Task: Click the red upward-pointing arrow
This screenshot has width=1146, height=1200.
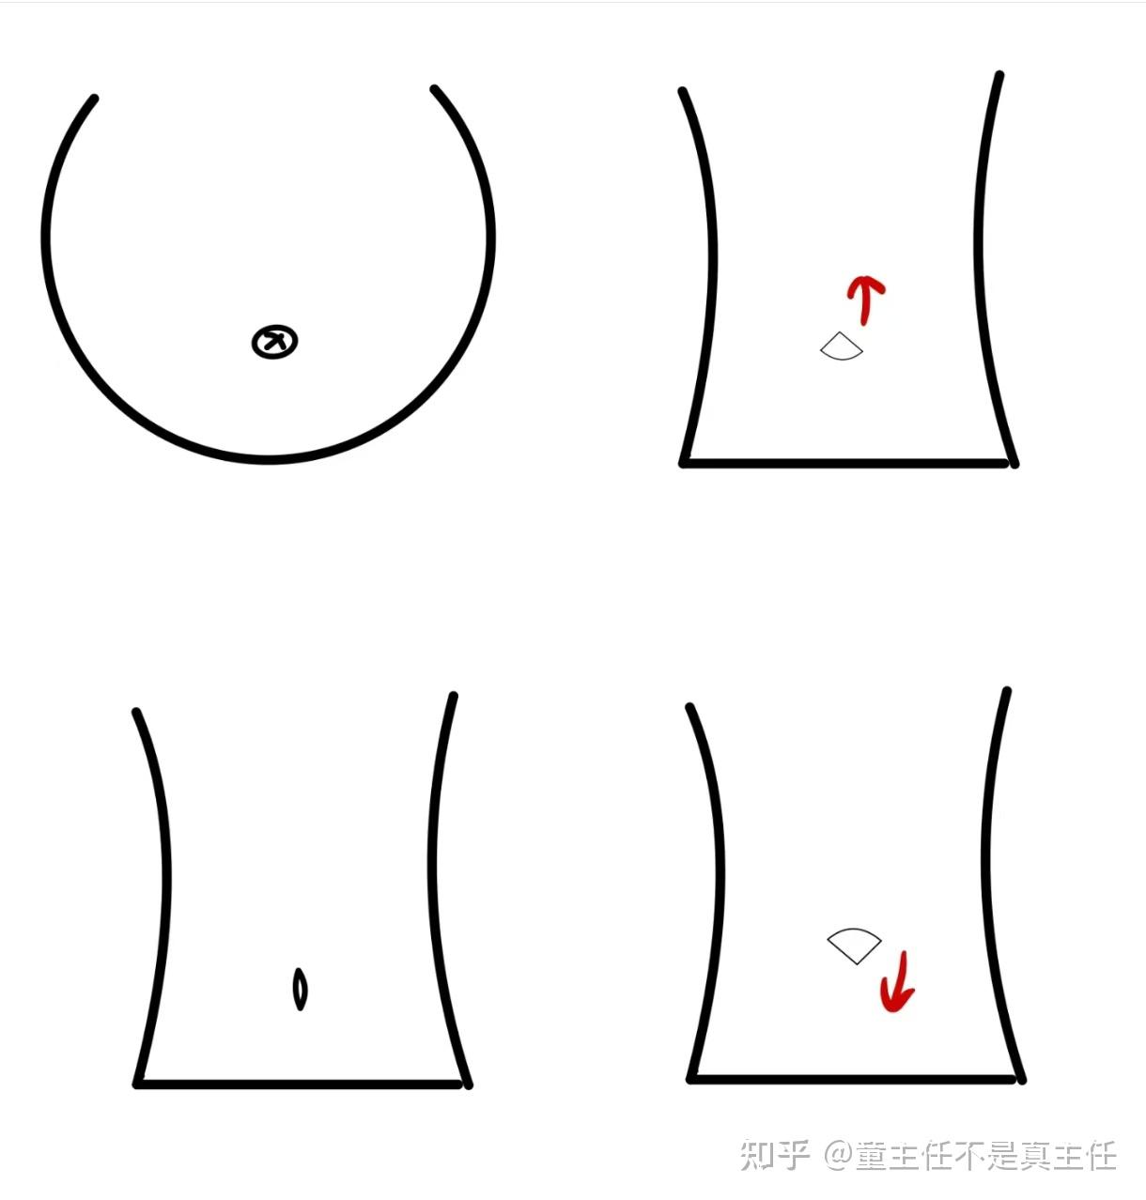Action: click(864, 300)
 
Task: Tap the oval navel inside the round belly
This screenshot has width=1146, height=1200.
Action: click(275, 341)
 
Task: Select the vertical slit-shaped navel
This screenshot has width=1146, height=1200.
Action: click(300, 989)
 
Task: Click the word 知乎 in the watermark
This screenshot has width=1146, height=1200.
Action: click(775, 1155)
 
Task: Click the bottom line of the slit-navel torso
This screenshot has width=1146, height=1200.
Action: click(298, 1084)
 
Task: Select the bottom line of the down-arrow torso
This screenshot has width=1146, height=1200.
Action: click(852, 1079)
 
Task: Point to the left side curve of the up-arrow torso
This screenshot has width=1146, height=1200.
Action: click(712, 269)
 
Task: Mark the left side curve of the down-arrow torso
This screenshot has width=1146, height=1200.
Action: click(720, 885)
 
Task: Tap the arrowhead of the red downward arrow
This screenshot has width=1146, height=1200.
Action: click(896, 999)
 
